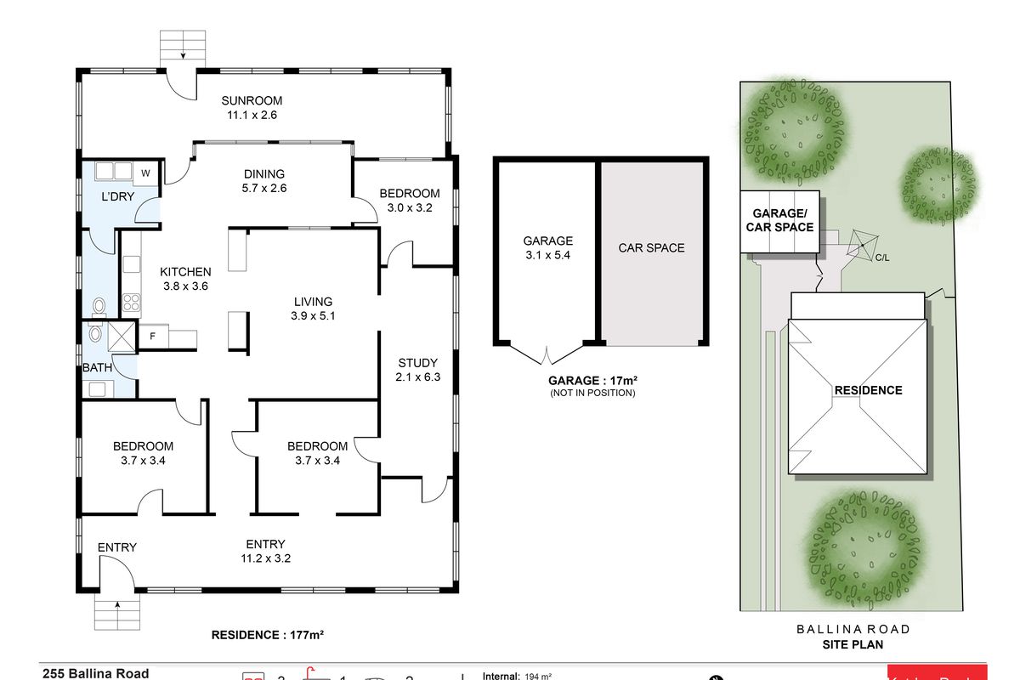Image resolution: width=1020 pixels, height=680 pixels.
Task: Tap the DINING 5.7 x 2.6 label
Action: (263, 181)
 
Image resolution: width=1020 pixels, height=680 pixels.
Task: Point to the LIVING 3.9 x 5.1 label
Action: (313, 309)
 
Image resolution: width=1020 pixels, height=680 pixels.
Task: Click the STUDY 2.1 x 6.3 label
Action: (416, 370)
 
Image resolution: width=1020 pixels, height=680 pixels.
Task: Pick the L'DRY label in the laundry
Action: (117, 197)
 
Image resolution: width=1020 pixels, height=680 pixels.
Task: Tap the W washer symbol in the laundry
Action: (145, 173)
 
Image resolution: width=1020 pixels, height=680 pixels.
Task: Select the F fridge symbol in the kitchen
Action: (153, 336)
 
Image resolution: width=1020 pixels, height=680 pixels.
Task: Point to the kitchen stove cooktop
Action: (133, 302)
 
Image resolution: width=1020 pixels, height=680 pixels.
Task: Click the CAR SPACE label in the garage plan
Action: (651, 248)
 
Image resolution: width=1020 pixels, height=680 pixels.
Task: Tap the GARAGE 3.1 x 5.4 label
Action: (547, 247)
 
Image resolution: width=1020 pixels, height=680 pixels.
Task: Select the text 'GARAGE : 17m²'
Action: (592, 382)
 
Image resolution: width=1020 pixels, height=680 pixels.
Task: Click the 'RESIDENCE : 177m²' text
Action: (269, 635)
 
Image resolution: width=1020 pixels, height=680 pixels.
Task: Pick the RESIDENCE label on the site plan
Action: (868, 390)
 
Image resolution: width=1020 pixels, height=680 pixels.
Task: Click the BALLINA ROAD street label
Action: (853, 630)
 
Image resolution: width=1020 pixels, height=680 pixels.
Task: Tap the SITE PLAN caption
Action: (853, 644)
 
